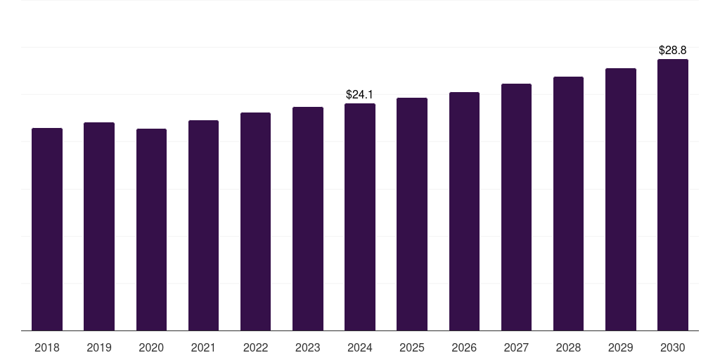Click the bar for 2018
[47, 229]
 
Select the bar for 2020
[151, 230]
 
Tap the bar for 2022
[255, 221]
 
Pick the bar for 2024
[360, 217]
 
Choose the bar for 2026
[464, 212]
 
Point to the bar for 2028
[568, 204]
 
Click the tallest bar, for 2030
[672, 195]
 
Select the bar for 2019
[99, 226]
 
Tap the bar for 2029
[620, 200]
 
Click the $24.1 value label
[360, 94]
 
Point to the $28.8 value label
[672, 51]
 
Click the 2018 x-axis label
[47, 347]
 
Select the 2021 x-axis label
[203, 347]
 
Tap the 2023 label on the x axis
[308, 347]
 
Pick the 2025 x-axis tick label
[412, 347]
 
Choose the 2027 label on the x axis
[516, 347]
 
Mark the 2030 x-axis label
[672, 347]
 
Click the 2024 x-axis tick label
[360, 347]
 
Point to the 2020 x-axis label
[151, 347]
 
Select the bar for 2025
[412, 214]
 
